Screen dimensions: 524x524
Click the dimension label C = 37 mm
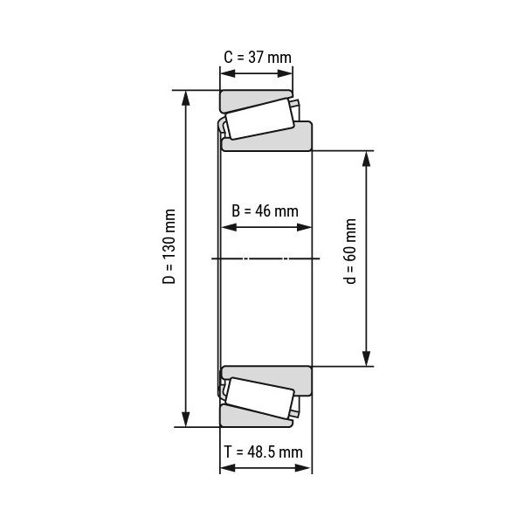pyautogui.click(x=258, y=57)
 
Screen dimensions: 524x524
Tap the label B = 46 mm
pyautogui.click(x=265, y=210)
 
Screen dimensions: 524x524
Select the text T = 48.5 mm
pyautogui.click(x=264, y=452)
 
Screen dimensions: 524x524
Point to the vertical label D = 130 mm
pyautogui.click(x=169, y=246)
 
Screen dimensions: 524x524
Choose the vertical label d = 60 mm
pyautogui.click(x=350, y=252)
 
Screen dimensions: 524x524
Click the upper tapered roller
pyautogui.click(x=260, y=120)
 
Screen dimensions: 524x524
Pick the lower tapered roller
pyautogui.click(x=260, y=398)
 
